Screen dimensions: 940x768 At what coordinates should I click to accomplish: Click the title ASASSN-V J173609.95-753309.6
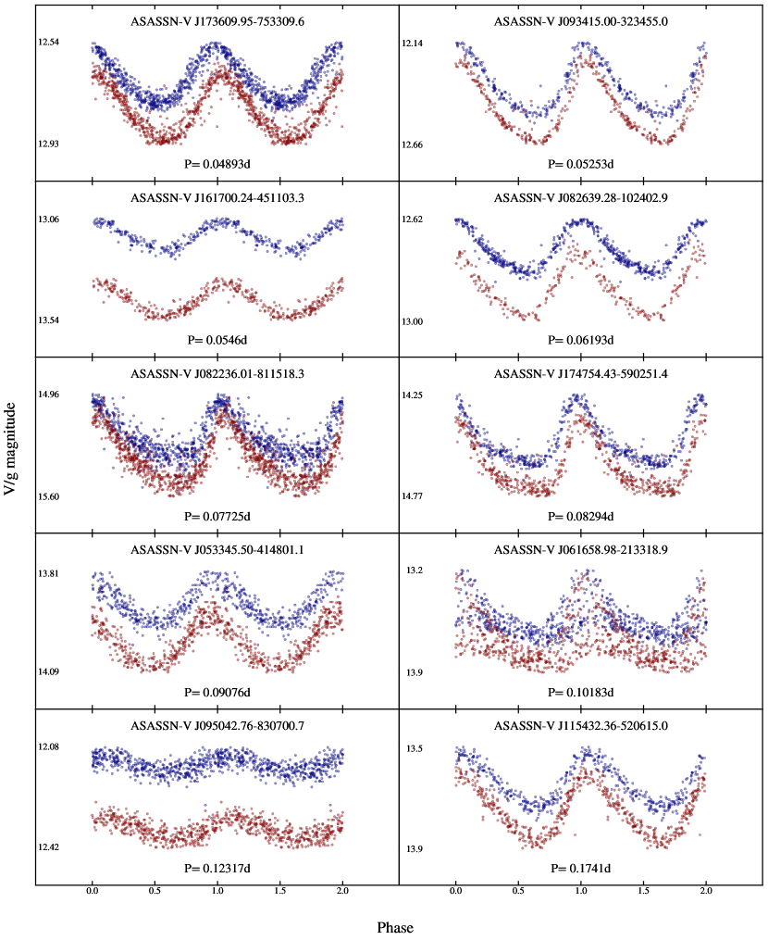pos(217,20)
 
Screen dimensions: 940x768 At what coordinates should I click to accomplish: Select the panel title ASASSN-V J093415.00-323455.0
pos(580,20)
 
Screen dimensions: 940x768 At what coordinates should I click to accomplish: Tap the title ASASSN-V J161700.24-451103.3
pos(217,197)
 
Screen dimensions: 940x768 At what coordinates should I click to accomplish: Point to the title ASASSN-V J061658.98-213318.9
pos(580,549)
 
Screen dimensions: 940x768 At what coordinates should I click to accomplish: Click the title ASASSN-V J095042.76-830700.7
pos(217,725)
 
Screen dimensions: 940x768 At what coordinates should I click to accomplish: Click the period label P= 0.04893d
pos(217,164)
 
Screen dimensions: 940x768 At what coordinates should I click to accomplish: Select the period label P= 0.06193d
pos(580,341)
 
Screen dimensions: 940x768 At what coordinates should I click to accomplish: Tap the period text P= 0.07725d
pos(217,516)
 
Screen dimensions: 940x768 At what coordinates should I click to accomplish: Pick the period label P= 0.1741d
pos(580,869)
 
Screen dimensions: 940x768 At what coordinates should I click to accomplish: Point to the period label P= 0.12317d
pos(217,869)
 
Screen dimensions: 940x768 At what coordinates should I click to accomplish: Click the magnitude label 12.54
pos(48,43)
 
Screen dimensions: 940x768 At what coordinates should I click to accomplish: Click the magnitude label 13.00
pos(412,321)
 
